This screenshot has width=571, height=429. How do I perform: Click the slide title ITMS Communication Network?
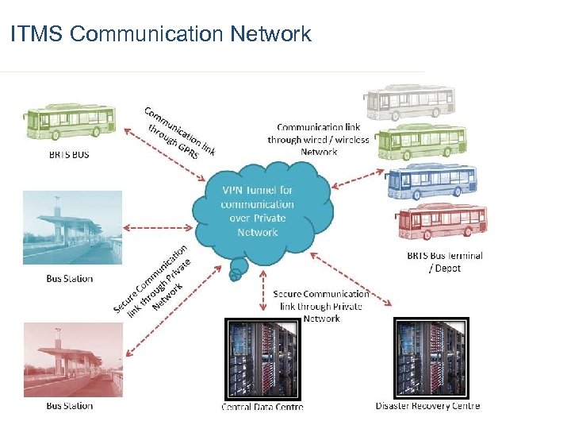click(x=161, y=34)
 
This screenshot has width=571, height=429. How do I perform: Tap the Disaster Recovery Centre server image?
click(x=431, y=357)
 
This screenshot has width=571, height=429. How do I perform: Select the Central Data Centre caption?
click(x=262, y=407)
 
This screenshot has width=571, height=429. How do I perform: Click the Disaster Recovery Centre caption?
click(x=427, y=406)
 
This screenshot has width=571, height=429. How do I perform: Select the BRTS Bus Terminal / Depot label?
click(x=444, y=261)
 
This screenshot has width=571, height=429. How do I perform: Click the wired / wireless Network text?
click(x=318, y=139)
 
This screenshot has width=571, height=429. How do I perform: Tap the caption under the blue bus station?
click(x=69, y=279)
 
